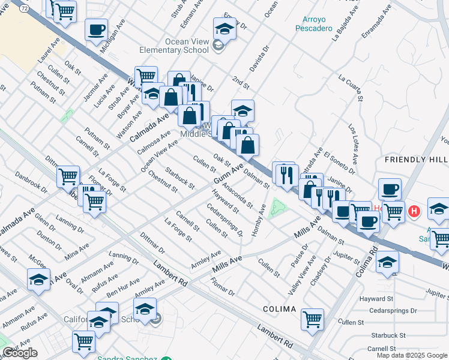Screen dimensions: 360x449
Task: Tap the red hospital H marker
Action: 414,211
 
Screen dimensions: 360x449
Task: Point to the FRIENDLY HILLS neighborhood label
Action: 416,160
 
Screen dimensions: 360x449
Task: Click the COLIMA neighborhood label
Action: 279,309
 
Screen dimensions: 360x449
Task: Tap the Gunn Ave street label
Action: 229,173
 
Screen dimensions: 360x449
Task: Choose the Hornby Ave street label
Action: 259,220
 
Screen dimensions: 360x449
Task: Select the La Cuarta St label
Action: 351,86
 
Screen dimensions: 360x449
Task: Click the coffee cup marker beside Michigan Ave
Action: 96,29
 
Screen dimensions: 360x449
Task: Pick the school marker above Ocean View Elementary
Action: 225,28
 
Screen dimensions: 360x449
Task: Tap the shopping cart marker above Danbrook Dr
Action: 68,176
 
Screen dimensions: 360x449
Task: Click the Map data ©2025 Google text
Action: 412,355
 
